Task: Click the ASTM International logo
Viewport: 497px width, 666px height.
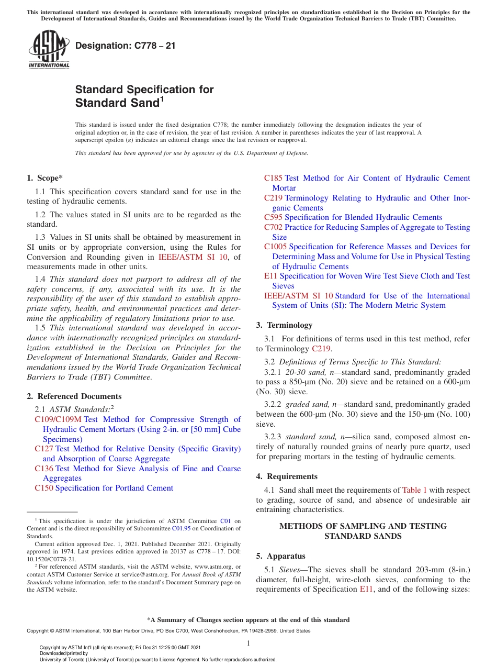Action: tap(49, 50)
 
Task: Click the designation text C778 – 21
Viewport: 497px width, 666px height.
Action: tap(126, 46)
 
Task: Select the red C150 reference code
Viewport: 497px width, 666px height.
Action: tap(43, 488)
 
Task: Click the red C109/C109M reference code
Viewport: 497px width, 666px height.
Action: tap(58, 419)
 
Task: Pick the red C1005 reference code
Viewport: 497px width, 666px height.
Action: tap(275, 247)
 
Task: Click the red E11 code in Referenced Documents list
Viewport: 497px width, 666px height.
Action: tap(270, 276)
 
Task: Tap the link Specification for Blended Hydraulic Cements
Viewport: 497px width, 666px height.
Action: tap(363, 217)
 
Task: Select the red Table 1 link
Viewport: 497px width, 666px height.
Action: tap(414, 490)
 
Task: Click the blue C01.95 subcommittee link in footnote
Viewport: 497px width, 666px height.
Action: tap(179, 529)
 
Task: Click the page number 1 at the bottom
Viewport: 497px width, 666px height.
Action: tap(249, 643)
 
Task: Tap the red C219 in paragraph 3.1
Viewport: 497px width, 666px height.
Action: tap(321, 349)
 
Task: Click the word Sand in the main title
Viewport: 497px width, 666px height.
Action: tap(144, 103)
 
